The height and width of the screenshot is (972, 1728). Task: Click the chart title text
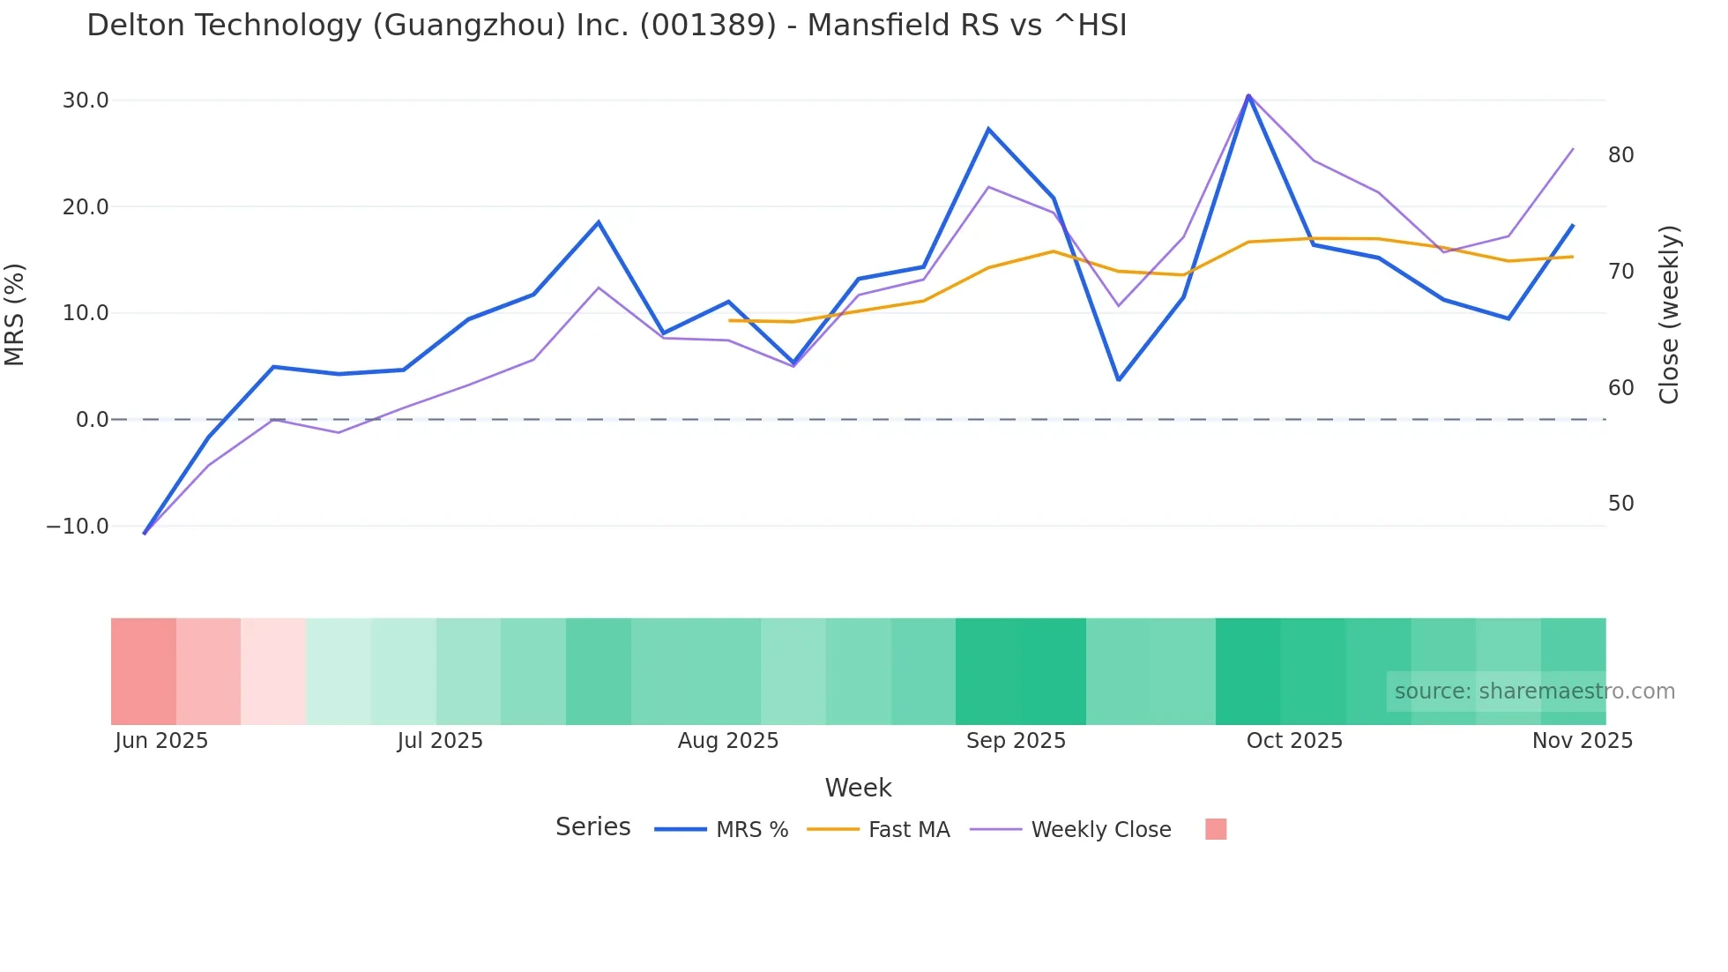607,26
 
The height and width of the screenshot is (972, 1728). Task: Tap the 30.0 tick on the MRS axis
86,101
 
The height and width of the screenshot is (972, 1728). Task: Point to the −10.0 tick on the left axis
78,527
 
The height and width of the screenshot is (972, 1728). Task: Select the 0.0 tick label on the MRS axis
92,420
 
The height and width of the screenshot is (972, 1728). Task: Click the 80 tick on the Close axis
1620,155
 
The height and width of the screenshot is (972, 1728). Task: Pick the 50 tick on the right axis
1620,504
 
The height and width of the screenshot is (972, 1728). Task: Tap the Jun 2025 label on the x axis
161,741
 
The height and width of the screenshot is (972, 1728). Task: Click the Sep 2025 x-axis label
1016,741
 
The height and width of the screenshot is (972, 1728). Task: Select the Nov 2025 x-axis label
1582,741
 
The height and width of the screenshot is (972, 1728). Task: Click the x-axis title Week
858,788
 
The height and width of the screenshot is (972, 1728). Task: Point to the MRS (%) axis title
15,314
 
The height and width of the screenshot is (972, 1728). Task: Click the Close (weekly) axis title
1669,314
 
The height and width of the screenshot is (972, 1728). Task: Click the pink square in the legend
1216,829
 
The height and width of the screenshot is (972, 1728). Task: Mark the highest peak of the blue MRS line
1248,95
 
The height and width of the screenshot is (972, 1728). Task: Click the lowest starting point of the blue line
145,534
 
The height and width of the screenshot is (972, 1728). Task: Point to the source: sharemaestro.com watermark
1534,692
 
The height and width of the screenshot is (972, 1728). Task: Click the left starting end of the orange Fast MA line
729,320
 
